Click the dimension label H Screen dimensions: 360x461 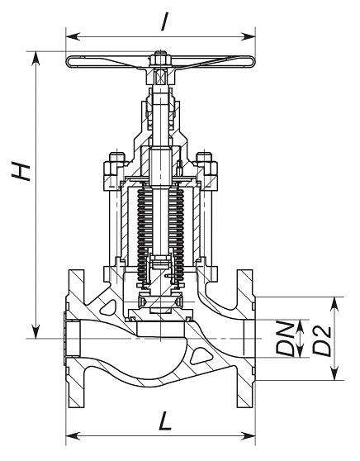point(21,171)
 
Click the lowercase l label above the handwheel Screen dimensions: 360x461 point(165,21)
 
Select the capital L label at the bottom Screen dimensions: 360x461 point(165,421)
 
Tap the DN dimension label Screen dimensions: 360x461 point(285,339)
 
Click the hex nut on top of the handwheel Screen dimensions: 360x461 point(159,59)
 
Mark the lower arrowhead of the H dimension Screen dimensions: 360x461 point(36,331)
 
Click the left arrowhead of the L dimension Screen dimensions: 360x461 point(73,435)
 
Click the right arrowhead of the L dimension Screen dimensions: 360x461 point(249,435)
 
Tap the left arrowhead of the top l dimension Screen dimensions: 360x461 point(73,36)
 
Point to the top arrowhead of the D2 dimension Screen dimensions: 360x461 point(334,303)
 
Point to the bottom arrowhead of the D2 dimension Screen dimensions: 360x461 point(334,373)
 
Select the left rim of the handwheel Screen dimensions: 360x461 point(68,62)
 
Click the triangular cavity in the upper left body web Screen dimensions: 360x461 point(108,307)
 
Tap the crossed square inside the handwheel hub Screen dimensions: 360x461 point(160,76)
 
